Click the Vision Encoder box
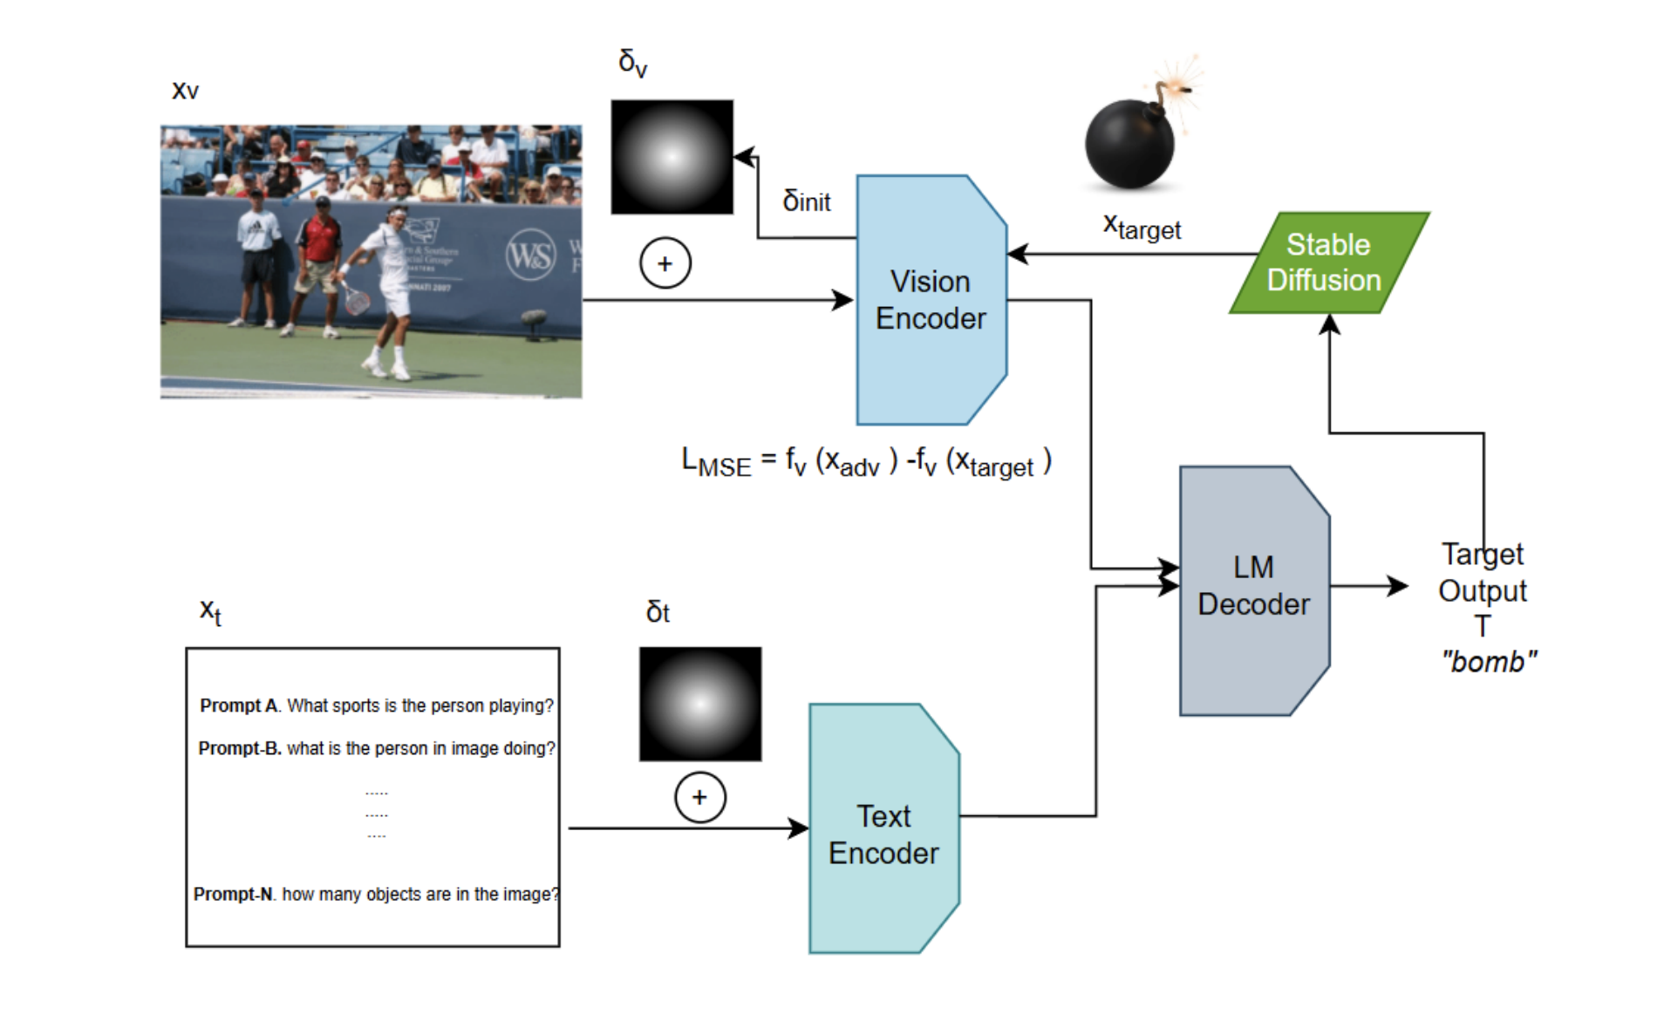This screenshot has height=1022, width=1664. click(x=930, y=300)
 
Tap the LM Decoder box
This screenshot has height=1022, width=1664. click(x=1252, y=589)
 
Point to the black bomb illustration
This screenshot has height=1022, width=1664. click(x=1129, y=143)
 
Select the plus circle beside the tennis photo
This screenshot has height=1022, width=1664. click(x=665, y=263)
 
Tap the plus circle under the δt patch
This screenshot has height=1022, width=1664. click(x=699, y=797)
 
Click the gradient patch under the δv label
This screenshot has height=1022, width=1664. click(x=672, y=157)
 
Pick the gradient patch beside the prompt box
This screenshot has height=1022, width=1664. click(x=699, y=704)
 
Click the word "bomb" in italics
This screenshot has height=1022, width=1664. click(x=1488, y=662)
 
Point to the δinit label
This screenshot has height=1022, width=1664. click(x=806, y=201)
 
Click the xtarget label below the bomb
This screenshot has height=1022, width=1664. click(x=1141, y=228)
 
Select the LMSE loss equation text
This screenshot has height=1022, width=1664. click(x=865, y=461)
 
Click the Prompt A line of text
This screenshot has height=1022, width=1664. click(x=376, y=705)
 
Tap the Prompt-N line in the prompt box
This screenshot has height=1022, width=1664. click(x=376, y=894)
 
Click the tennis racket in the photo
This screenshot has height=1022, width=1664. click(x=355, y=299)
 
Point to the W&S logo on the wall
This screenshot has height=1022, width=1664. click(x=530, y=255)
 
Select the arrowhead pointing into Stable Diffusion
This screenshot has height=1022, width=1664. click(x=1328, y=324)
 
